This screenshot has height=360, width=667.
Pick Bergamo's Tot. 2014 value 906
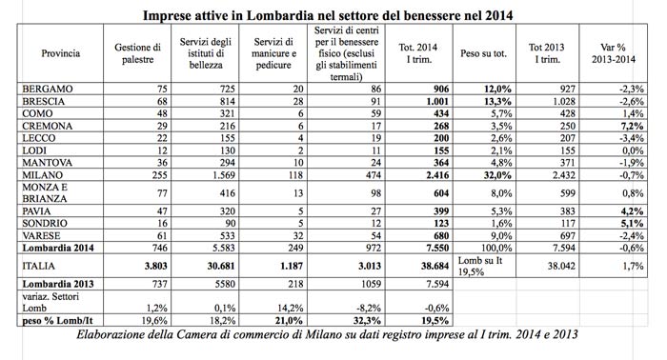pyautogui.click(x=425, y=88)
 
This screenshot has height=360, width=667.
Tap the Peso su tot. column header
pyautogui.click(x=484, y=52)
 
